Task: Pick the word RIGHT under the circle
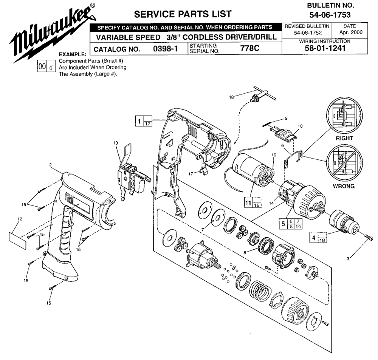click(344, 138)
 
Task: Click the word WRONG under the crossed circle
click(343, 186)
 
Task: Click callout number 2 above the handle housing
click(50, 165)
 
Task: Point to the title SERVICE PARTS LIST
click(183, 14)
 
